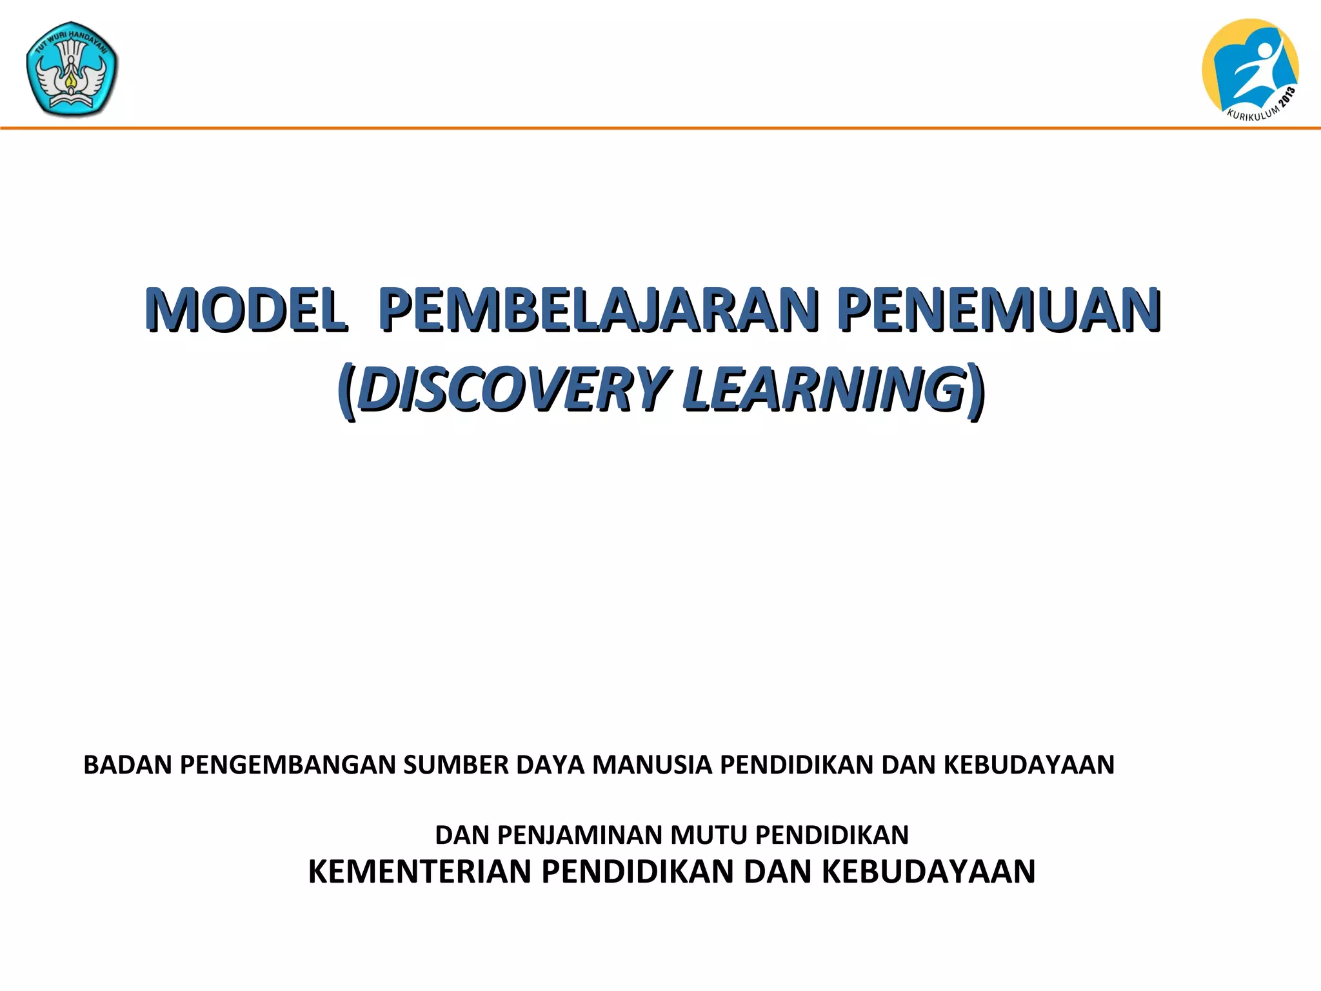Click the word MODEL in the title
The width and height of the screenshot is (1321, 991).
(245, 310)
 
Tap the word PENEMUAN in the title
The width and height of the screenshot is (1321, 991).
(999, 310)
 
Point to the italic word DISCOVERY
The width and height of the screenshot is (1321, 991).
(513, 388)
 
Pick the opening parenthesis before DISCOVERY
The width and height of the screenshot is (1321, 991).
(346, 390)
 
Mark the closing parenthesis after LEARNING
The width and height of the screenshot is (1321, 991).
(977, 390)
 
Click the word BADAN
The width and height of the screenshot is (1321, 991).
(128, 765)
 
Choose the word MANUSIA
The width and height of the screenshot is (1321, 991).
(652, 765)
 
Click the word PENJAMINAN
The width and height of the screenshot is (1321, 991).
(581, 836)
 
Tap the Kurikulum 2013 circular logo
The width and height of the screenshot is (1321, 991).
(1249, 68)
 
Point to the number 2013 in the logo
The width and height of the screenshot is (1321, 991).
(1287, 99)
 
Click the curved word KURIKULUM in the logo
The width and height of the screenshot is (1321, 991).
(1252, 115)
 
